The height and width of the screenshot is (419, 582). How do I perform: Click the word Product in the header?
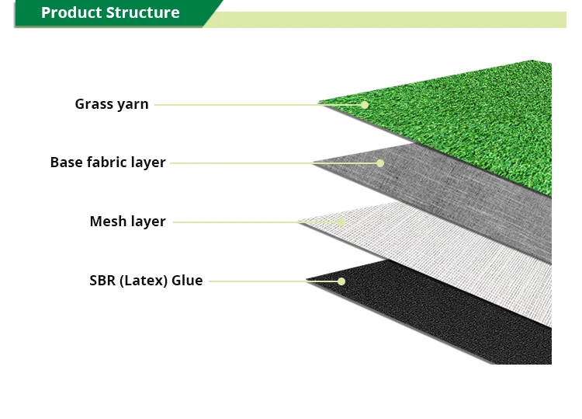click(71, 13)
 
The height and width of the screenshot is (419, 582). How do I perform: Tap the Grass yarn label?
click(112, 104)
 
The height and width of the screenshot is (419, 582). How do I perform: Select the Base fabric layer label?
click(108, 162)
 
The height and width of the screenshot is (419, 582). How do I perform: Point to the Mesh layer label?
click(127, 222)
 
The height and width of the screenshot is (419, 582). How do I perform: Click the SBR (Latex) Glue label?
click(146, 281)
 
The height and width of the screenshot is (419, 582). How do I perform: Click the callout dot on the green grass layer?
click(365, 104)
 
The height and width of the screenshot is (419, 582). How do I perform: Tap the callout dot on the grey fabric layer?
click(380, 162)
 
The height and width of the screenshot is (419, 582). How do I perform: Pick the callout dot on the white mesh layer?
click(341, 222)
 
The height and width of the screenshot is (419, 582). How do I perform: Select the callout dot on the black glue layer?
click(341, 281)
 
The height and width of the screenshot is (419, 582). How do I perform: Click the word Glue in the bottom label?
click(187, 281)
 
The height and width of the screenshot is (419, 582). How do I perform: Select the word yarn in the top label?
click(133, 104)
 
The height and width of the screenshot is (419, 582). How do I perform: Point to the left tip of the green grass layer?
click(320, 103)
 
